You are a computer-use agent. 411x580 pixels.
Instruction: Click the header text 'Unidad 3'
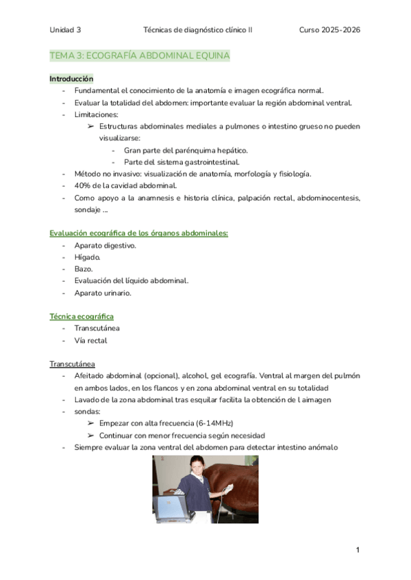point(65,30)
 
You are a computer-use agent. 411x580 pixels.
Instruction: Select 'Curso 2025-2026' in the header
point(330,30)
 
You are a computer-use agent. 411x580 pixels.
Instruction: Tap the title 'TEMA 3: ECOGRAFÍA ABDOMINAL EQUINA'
point(139,55)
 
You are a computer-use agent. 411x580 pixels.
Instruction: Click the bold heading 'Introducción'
point(71,79)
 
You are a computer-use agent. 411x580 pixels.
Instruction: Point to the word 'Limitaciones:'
point(97,114)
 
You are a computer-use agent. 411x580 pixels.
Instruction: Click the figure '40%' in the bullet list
point(84,185)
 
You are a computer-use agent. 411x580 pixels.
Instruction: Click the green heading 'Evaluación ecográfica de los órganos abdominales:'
point(138,233)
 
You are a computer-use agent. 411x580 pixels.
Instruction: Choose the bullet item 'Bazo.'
point(85,269)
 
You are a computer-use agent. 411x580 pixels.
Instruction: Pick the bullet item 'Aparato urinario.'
point(103,293)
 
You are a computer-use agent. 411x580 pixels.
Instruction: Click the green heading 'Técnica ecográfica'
point(82,317)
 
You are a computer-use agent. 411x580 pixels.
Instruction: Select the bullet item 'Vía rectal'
point(90,341)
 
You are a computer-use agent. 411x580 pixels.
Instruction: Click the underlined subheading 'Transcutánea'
point(72,363)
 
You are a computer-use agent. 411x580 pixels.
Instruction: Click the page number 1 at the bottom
point(358,550)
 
